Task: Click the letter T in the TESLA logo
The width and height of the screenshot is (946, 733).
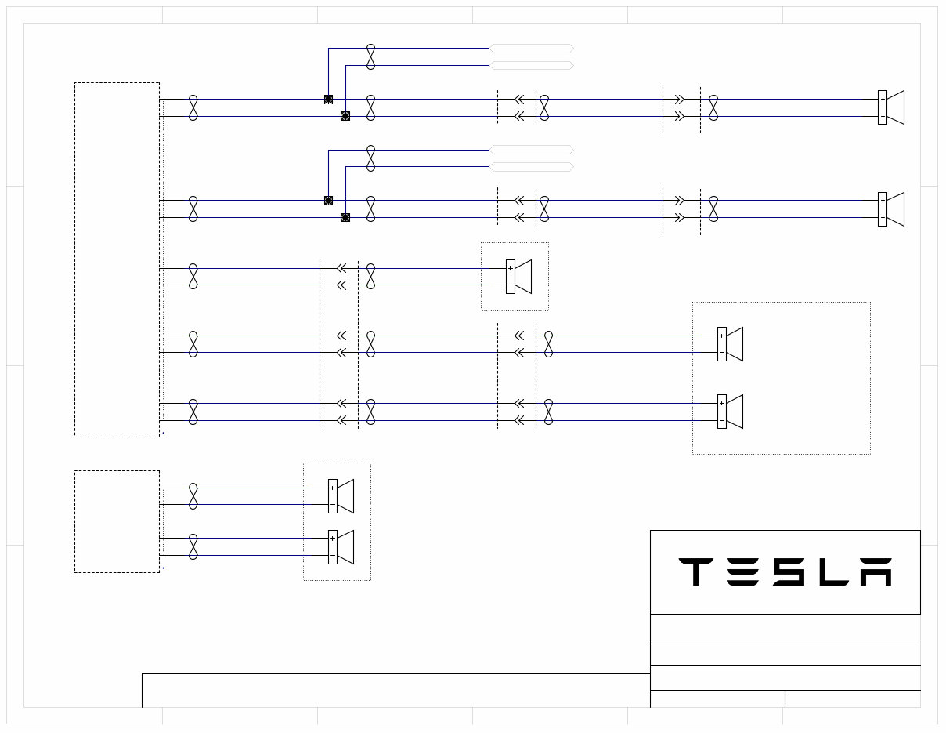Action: click(x=694, y=572)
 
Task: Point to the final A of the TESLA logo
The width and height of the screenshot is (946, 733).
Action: click(x=876, y=572)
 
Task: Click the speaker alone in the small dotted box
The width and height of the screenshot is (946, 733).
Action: click(x=519, y=277)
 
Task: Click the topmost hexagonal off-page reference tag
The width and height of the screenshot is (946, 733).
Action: click(x=532, y=49)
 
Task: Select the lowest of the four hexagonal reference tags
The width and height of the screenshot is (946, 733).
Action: click(x=532, y=167)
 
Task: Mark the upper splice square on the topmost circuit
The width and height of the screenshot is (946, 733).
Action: click(x=328, y=100)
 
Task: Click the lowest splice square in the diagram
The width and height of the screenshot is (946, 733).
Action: click(x=345, y=217)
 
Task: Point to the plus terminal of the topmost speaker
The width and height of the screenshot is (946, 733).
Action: click(x=883, y=100)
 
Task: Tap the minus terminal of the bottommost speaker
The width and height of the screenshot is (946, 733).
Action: click(x=333, y=556)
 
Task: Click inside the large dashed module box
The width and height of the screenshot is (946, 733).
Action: click(x=117, y=259)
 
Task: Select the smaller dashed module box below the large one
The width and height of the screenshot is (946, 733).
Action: click(x=117, y=521)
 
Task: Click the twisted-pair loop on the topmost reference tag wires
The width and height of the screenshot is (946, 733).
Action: click(x=370, y=56)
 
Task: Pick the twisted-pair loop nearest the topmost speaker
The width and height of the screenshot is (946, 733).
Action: click(x=713, y=108)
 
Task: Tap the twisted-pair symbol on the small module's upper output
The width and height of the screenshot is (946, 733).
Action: click(x=193, y=496)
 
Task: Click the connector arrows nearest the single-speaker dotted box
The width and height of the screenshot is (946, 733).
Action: click(x=341, y=277)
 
